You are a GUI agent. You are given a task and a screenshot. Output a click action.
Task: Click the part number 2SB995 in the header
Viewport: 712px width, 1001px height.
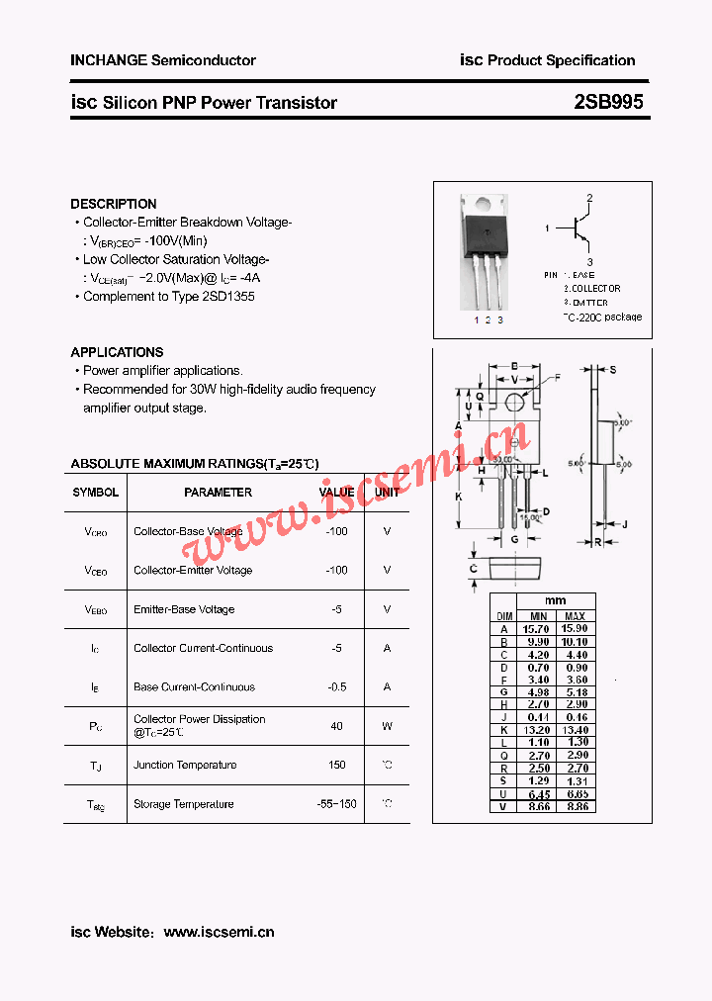608,102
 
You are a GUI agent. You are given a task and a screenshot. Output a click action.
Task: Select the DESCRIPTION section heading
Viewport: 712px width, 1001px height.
114,204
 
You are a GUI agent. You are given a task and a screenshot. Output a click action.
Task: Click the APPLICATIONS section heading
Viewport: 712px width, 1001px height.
117,352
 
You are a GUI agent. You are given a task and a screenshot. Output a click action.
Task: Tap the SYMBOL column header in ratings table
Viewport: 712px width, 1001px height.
96,492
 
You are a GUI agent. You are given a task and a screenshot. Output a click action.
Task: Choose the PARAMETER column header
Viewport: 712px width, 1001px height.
218,492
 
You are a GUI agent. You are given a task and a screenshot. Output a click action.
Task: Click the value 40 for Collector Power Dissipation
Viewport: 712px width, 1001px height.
337,726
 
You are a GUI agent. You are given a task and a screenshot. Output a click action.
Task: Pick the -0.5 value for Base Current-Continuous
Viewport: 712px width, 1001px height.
337,686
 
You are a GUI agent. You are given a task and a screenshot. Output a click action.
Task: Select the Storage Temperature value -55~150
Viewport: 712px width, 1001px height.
337,804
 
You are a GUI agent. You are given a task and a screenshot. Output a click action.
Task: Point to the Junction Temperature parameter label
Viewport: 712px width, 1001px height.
185,765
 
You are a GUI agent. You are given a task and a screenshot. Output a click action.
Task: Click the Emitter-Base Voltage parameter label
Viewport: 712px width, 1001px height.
184,609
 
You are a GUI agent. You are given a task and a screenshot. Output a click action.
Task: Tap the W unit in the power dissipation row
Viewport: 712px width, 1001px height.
387,726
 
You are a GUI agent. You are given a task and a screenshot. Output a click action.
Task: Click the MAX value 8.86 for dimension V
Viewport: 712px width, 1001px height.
576,807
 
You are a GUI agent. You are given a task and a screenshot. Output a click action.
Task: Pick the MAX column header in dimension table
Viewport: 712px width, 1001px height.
576,615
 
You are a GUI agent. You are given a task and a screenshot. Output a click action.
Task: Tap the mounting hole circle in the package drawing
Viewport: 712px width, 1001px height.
514,401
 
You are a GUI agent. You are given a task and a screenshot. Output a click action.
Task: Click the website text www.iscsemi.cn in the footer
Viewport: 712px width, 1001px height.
219,932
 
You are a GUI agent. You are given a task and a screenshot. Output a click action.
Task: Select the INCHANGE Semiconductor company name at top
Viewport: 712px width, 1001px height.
163,60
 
